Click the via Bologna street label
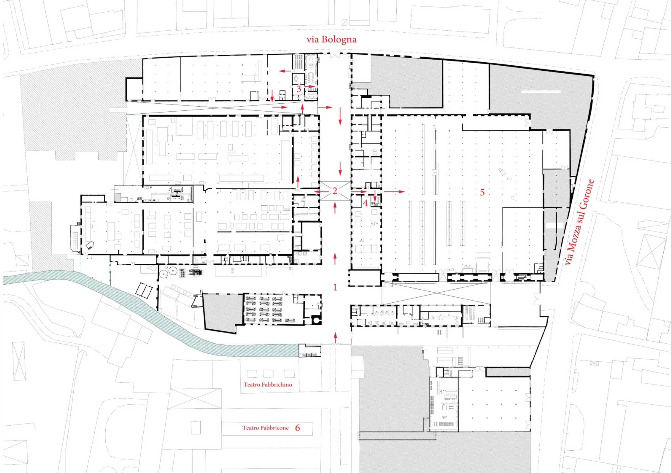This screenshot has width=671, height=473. click(331, 39)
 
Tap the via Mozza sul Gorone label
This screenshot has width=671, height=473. click(580, 222)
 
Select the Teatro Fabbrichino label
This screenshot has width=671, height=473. click(268, 385)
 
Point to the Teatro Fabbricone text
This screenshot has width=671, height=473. click(265, 428)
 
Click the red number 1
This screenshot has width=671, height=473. click(335, 287)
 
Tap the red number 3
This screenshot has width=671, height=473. click(299, 89)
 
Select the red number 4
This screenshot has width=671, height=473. click(365, 203)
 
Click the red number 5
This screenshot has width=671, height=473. click(482, 192)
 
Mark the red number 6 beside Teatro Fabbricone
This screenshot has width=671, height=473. click(297, 428)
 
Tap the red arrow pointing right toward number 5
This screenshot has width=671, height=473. click(394, 191)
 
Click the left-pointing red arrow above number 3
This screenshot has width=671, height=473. click(285, 71)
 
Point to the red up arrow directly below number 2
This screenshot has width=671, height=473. click(335, 208)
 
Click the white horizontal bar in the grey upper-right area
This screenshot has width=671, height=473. click(541, 92)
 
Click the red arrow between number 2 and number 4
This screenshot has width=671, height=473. click(359, 191)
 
